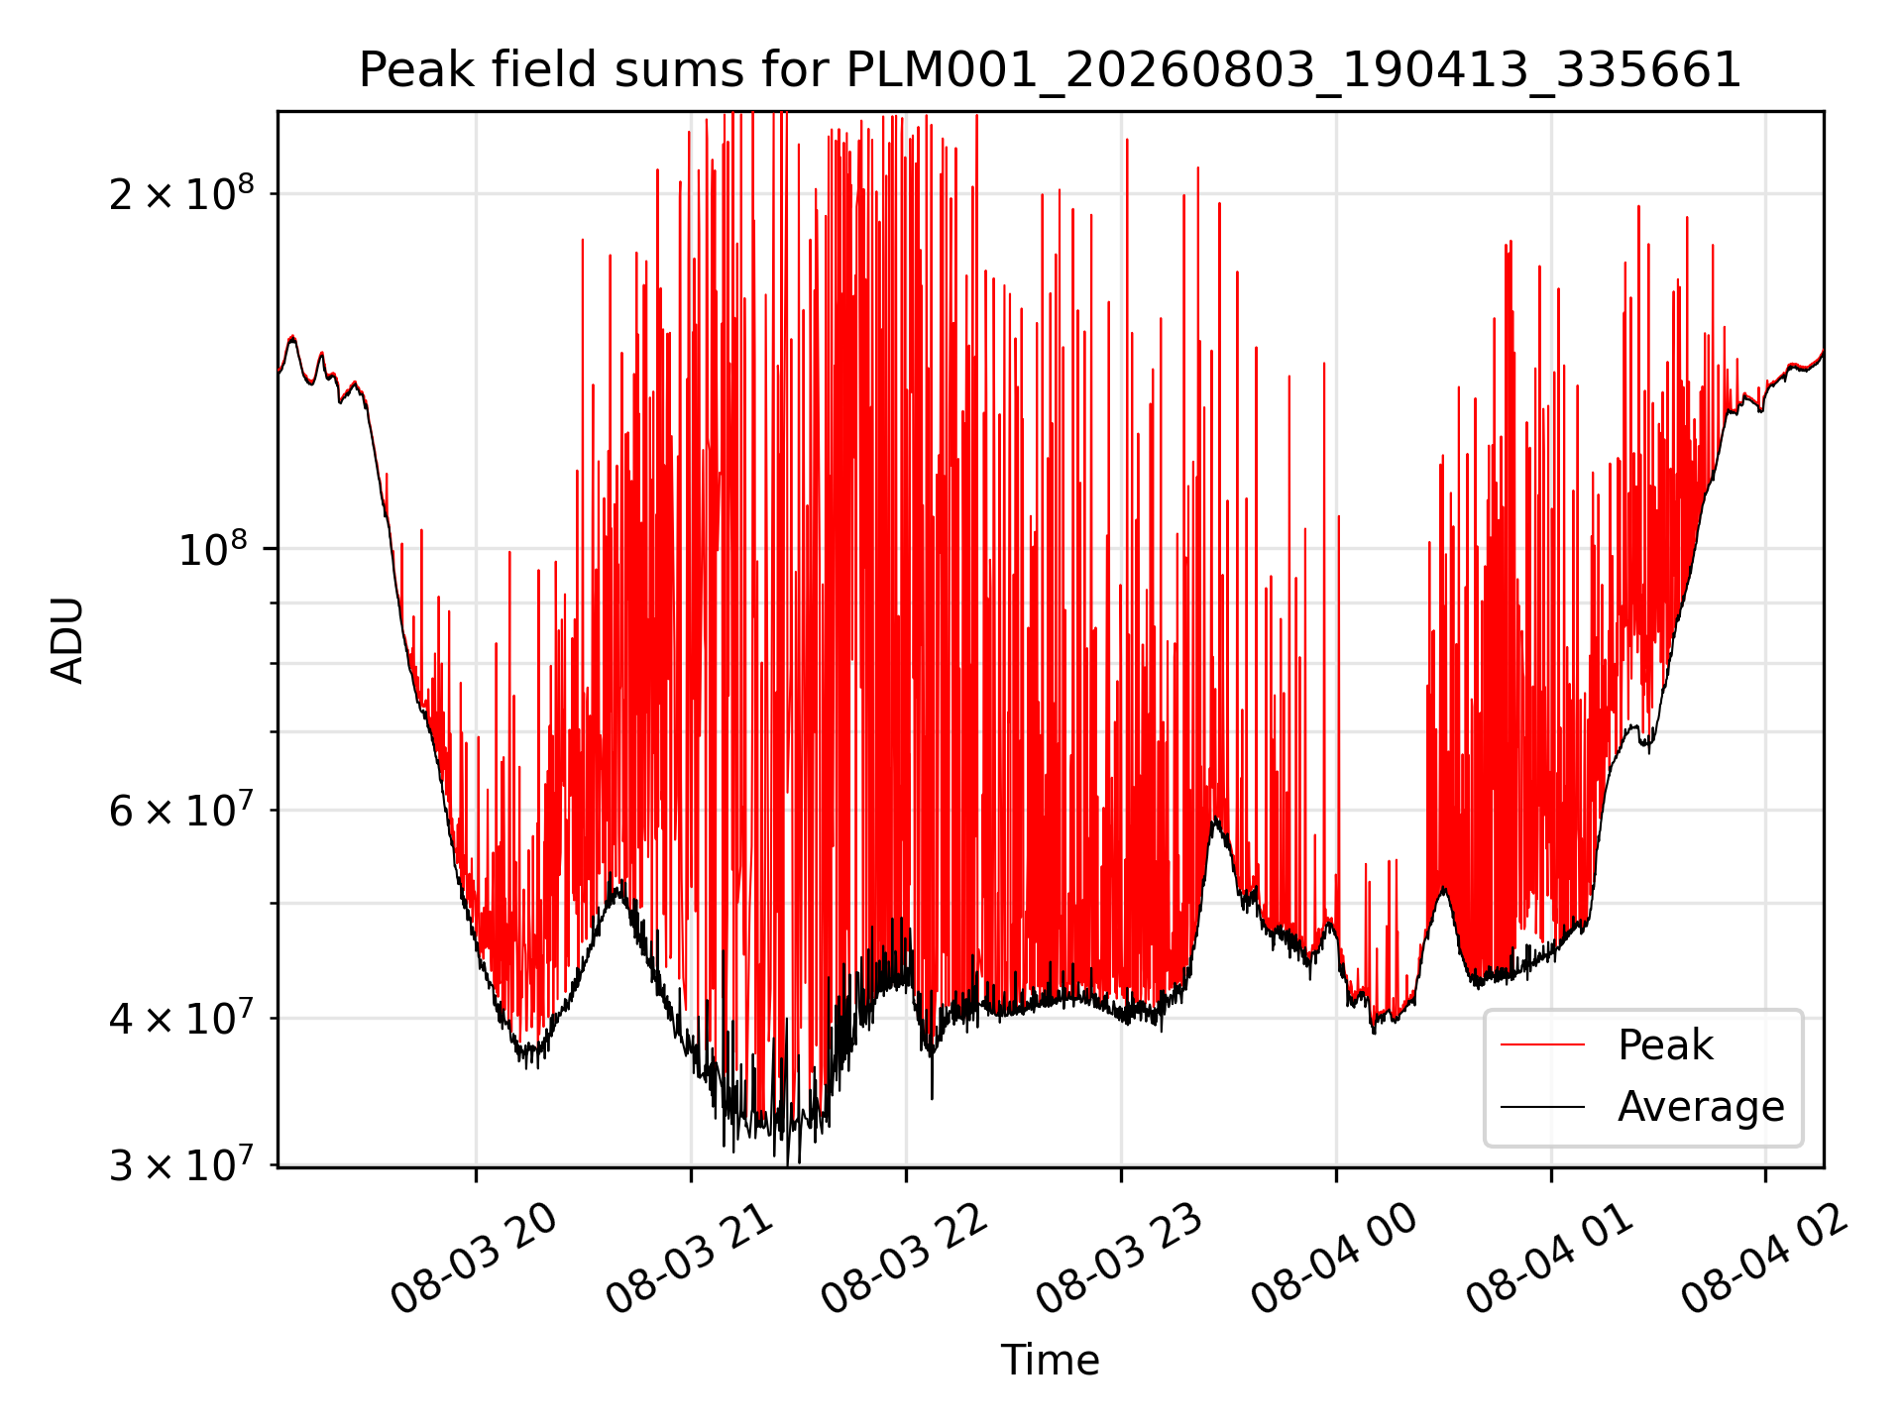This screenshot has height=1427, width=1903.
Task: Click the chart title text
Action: [1050, 71]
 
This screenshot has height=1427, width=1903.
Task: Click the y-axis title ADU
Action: [67, 640]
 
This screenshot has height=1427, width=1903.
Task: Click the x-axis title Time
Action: [1050, 1361]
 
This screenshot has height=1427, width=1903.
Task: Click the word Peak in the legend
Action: [1665, 1045]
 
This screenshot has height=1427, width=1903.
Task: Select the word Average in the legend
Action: [1701, 1107]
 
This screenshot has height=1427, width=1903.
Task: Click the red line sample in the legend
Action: [1542, 1044]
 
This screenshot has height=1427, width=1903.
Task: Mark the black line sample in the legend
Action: [1542, 1106]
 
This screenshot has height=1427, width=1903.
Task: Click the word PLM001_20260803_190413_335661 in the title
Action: [1293, 71]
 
